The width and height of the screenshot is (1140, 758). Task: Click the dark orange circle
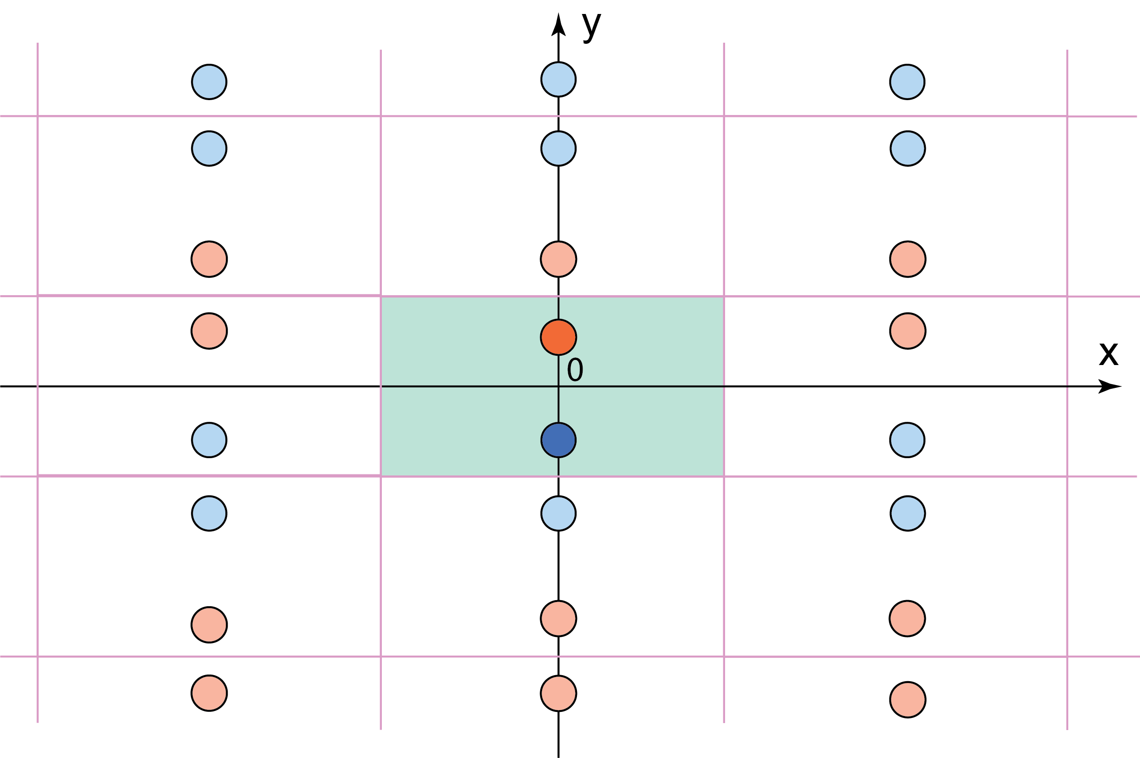pyautogui.click(x=558, y=337)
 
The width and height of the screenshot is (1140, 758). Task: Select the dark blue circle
pyautogui.click(x=558, y=440)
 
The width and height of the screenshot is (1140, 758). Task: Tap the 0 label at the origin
pyautogui.click(x=575, y=370)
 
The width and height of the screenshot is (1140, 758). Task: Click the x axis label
pyautogui.click(x=1108, y=354)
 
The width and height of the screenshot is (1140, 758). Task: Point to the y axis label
pyautogui.click(x=591, y=27)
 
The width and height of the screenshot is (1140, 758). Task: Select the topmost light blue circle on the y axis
pyautogui.click(x=558, y=79)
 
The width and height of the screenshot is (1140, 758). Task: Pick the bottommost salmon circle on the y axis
pyautogui.click(x=558, y=693)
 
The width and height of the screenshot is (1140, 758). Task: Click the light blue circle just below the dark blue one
pyautogui.click(x=558, y=514)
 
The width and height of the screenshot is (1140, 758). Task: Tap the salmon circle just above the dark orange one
pyautogui.click(x=558, y=259)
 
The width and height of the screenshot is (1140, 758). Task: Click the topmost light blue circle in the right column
pyautogui.click(x=907, y=81)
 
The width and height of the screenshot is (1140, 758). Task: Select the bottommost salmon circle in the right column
pyautogui.click(x=908, y=699)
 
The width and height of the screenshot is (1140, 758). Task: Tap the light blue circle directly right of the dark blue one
pyautogui.click(x=907, y=440)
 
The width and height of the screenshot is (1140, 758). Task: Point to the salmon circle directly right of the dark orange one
pyautogui.click(x=908, y=331)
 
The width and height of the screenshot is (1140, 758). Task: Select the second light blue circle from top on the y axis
pyautogui.click(x=558, y=149)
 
